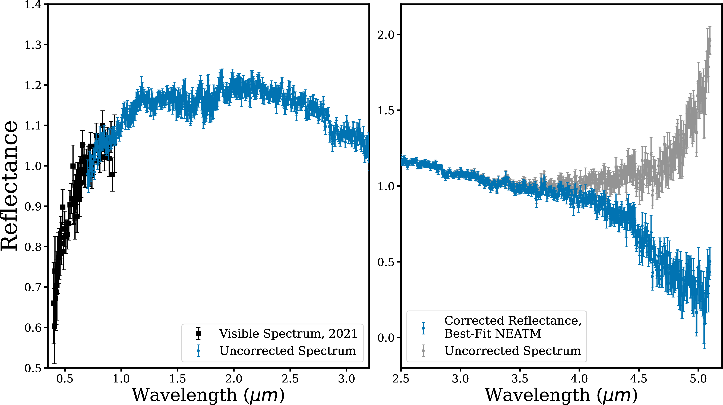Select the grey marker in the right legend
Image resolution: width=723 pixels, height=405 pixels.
click(x=423, y=351)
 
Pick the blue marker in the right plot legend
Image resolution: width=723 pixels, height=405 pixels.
click(x=423, y=328)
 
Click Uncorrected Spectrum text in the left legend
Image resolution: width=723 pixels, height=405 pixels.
click(x=288, y=351)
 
